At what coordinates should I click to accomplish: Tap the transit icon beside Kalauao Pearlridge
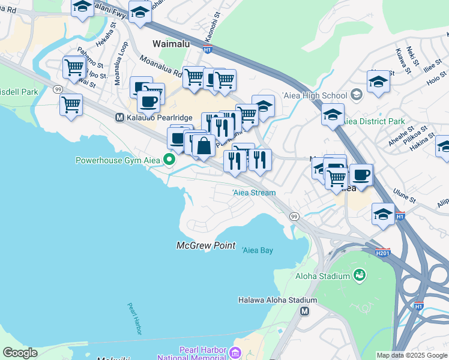119,118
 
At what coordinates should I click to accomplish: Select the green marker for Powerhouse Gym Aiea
169,160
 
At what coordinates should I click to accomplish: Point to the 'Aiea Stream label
254,193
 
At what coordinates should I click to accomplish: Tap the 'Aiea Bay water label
258,250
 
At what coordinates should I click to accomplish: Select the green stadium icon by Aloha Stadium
360,275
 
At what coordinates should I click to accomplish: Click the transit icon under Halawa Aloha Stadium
305,311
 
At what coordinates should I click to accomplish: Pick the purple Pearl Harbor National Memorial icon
235,353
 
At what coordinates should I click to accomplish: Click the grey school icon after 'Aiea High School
357,95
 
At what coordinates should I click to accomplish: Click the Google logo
19,353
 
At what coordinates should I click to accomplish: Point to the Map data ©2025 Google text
412,355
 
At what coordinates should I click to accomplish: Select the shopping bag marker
204,145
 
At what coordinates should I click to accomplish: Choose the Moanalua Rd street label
161,68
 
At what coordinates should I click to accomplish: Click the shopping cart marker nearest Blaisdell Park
71,105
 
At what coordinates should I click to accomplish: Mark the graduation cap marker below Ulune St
383,214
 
